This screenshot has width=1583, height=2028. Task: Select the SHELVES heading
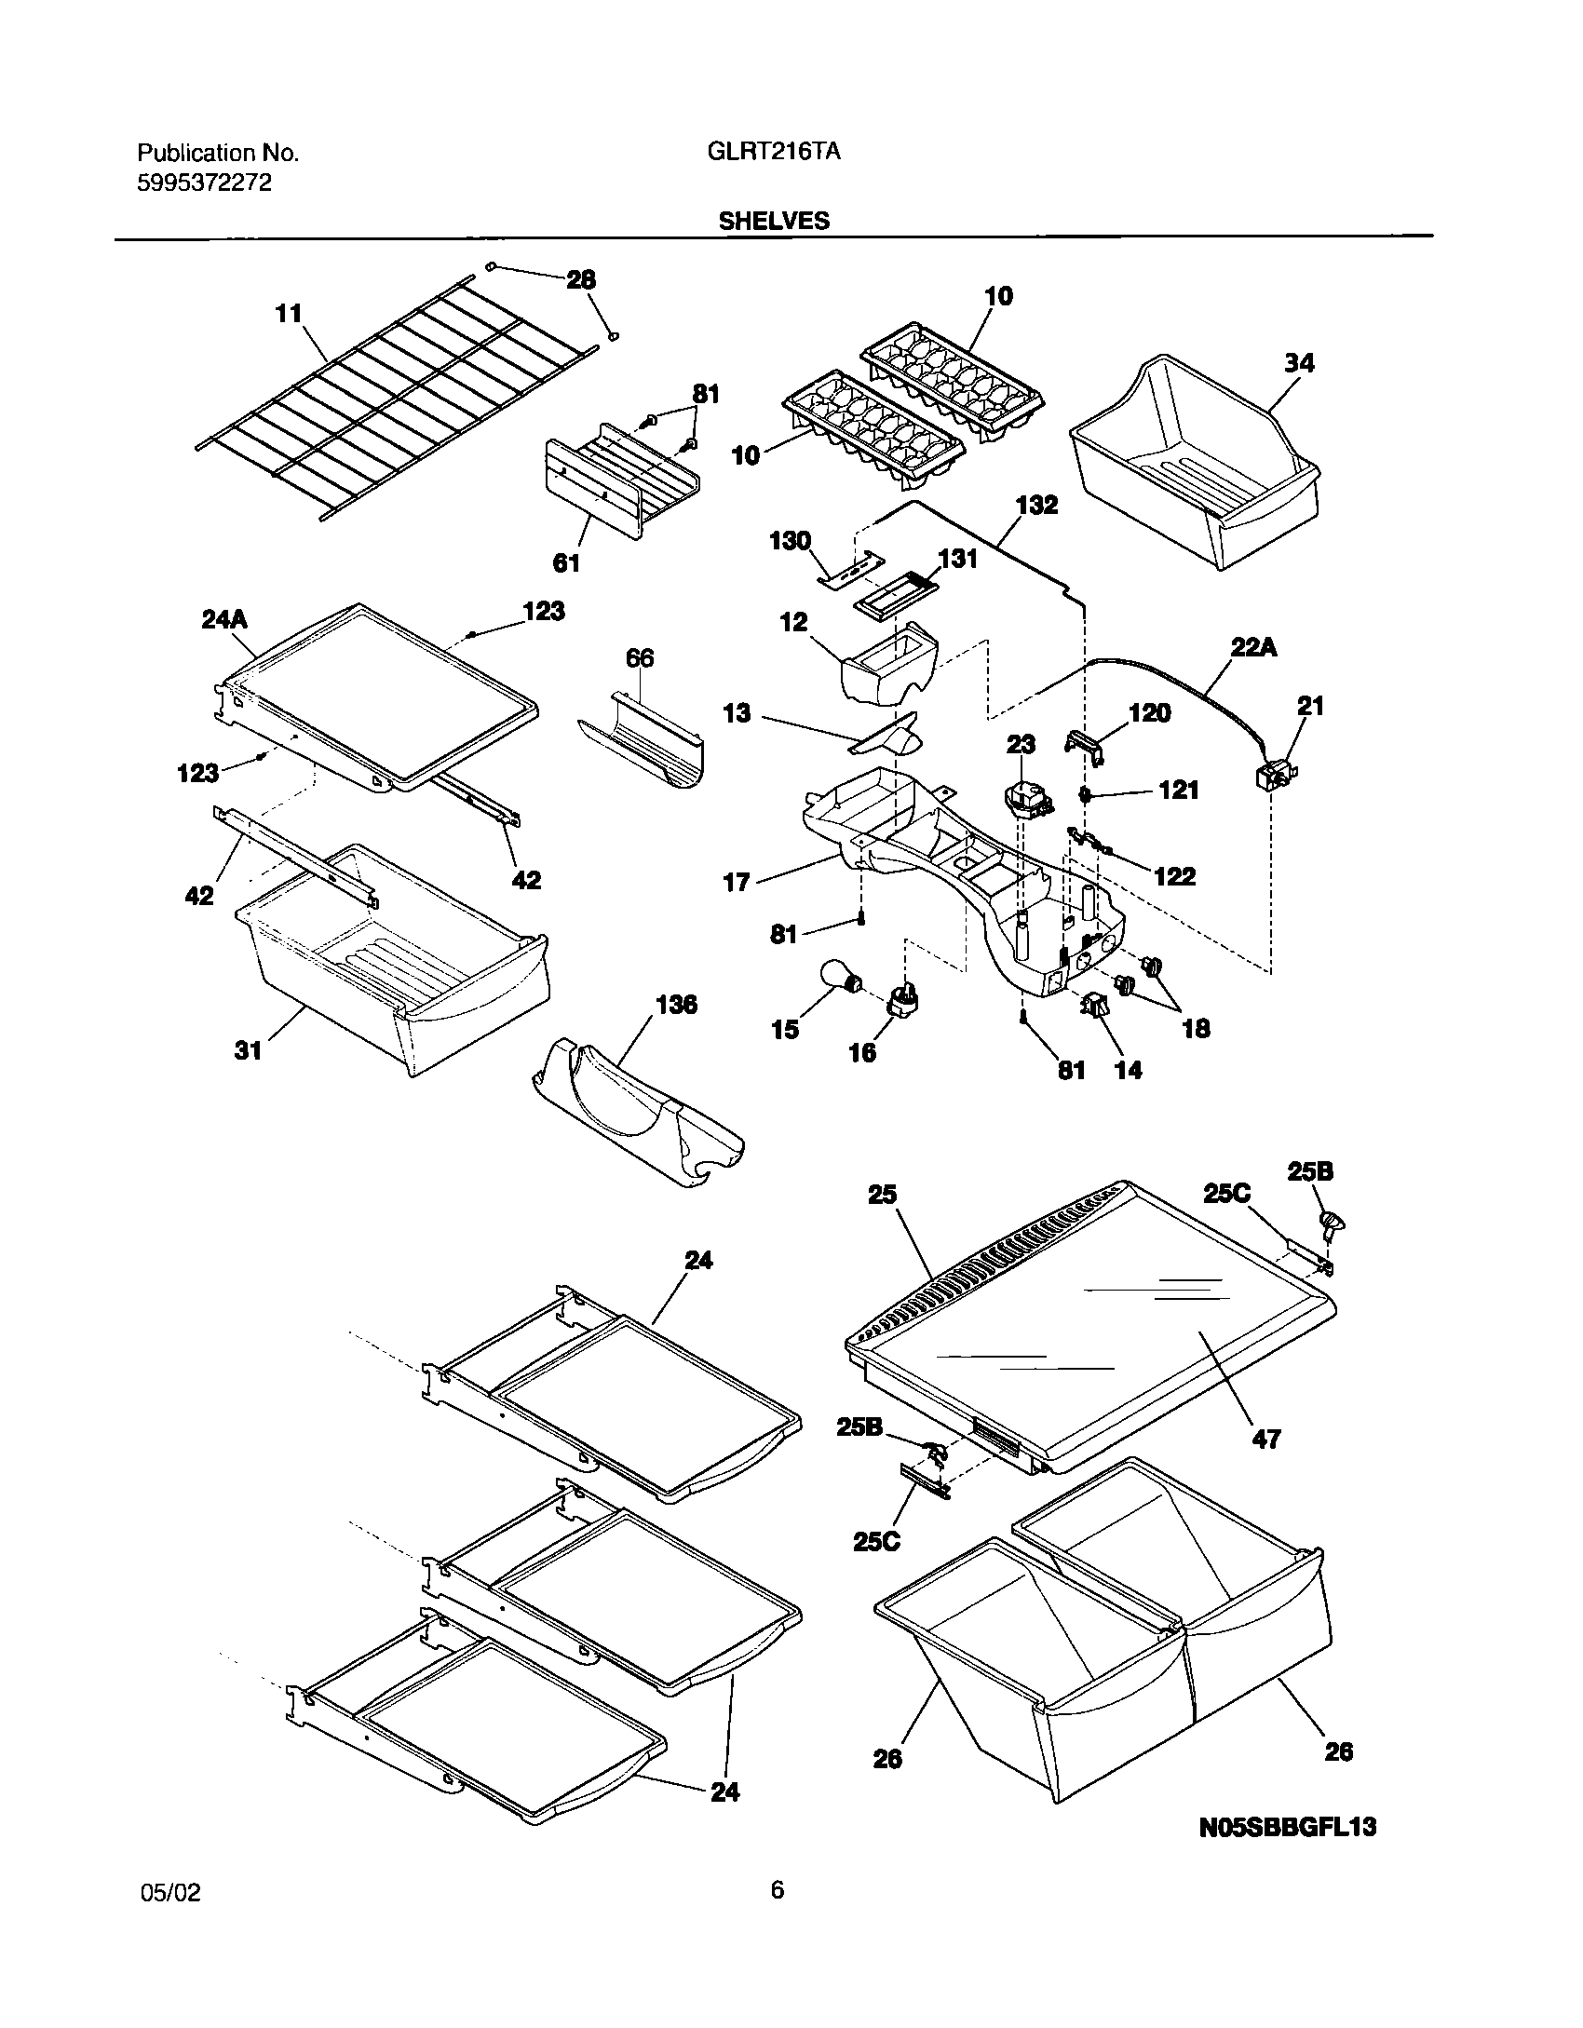coord(773,221)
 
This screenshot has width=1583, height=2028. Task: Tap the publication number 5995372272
coord(205,183)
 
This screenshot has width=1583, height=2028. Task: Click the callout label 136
coord(676,1006)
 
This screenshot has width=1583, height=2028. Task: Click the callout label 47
coord(1266,1439)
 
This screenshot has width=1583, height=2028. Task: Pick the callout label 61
coord(566,562)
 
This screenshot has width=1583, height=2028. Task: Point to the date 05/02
coord(169,1893)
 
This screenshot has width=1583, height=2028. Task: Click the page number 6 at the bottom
coord(778,1890)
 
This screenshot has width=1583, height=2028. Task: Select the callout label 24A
coord(224,619)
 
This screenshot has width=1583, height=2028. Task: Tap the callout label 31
coord(248,1052)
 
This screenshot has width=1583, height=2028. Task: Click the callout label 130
coord(791,541)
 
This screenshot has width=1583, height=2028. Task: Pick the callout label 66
coord(640,658)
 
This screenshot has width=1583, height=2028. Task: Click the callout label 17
coord(737,882)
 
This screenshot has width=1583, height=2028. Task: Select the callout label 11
coord(289,314)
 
